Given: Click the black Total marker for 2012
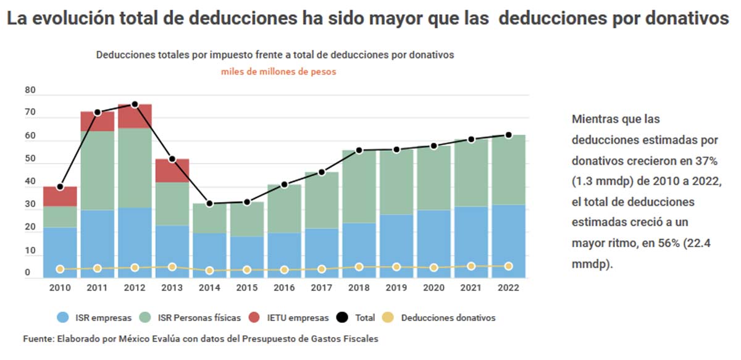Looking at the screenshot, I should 135,104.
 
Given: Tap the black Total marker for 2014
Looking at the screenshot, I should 209,204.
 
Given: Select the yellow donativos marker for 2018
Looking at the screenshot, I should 359,267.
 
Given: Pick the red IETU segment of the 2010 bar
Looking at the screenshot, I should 61,196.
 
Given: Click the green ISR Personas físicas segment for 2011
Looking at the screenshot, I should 98,170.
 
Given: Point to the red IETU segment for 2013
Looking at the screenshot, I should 172,170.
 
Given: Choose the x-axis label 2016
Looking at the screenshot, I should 284,288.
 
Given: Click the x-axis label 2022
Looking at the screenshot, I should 508,288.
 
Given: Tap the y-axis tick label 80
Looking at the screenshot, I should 30,91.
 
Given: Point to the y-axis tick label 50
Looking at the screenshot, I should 30,159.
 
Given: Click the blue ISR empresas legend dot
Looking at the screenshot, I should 62,318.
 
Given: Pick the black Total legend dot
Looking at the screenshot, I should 343,318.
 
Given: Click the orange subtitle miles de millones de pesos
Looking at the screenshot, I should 278,72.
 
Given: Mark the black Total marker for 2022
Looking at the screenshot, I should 508,135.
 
